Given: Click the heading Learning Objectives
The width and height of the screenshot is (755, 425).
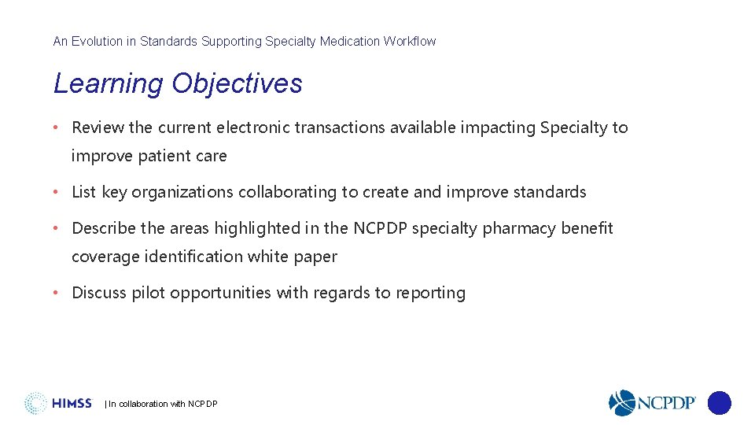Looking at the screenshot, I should tap(178, 83).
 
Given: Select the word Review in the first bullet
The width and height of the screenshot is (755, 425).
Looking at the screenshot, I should tap(98, 128).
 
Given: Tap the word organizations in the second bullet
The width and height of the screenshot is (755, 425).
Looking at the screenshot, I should tap(182, 192).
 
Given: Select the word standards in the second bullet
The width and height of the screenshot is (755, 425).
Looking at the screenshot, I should tap(550, 192).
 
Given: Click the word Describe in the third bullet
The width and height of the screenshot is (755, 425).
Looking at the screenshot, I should tap(104, 228).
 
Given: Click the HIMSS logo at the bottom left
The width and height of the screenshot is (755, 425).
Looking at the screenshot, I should tap(58, 404).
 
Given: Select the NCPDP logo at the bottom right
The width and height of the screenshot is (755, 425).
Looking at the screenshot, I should tap(652, 403).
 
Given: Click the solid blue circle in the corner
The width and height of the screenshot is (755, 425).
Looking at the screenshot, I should tap(719, 403).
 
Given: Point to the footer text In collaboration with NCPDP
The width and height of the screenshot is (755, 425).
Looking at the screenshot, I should tap(162, 404).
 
